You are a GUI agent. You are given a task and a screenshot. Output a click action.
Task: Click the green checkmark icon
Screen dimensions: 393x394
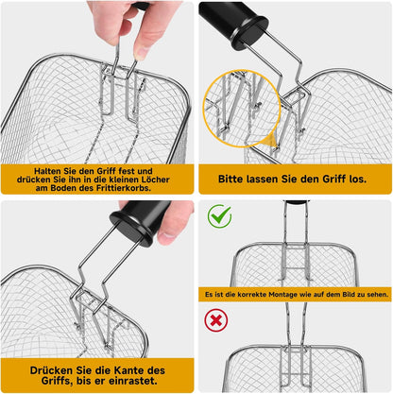click(x=220, y=215)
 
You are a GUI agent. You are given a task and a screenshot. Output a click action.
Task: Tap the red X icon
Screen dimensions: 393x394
click(x=216, y=320)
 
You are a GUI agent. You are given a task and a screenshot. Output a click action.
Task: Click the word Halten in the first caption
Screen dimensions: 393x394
click(x=46, y=171)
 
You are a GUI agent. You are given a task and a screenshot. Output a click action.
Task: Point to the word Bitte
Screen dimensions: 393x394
click(x=231, y=179)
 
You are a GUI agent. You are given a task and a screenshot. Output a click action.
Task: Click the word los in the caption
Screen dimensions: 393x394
click(x=359, y=180)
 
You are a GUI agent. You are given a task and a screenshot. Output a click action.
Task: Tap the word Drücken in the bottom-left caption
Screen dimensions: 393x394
click(x=51, y=370)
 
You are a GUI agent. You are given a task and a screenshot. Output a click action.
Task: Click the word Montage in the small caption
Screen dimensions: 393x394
click(x=282, y=295)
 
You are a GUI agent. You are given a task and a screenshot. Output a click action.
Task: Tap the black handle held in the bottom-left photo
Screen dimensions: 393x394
click(x=140, y=223)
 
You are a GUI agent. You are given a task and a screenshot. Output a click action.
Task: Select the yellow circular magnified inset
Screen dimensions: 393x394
click(x=242, y=109)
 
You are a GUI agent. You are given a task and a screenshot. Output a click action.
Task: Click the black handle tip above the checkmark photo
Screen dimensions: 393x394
click(x=295, y=202)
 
